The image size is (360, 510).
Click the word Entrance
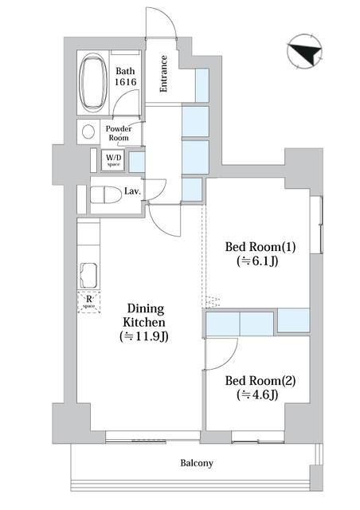tap(163, 74)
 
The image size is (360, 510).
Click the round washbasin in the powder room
tap(87, 132)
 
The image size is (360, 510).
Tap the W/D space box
tap(115, 160)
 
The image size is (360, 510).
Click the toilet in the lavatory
tap(102, 194)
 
